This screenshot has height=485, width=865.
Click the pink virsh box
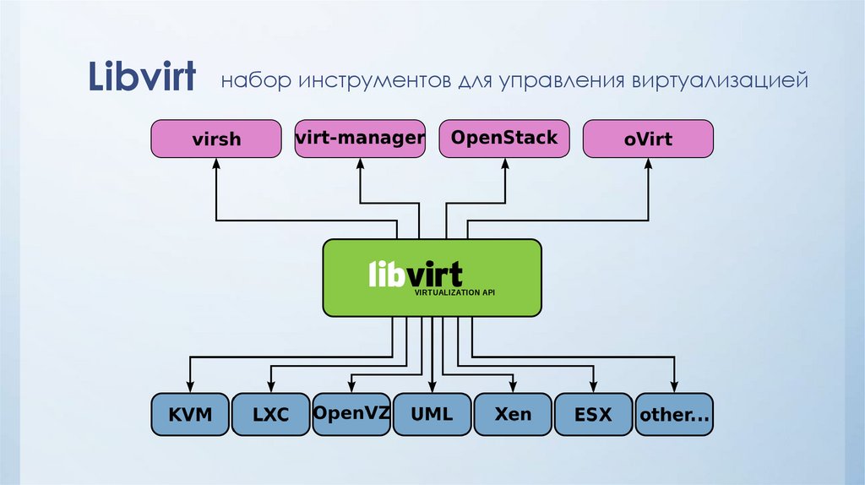(x=216, y=139)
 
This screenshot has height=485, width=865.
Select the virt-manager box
(x=360, y=139)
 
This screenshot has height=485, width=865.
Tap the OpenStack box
(x=504, y=139)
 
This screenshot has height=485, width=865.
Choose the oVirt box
(x=649, y=139)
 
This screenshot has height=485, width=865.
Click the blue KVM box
(x=189, y=414)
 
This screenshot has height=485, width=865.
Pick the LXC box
(x=270, y=414)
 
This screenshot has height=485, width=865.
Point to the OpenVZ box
(x=351, y=414)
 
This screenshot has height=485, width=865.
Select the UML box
(x=432, y=414)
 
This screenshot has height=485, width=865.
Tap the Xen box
(x=514, y=414)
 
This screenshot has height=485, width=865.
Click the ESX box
(x=594, y=414)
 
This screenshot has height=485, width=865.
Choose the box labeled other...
(x=675, y=414)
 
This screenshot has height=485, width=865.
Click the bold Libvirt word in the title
(x=143, y=77)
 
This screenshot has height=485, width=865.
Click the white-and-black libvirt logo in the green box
(x=416, y=274)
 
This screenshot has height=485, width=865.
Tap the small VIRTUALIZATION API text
(x=454, y=292)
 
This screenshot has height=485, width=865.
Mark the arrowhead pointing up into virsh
(x=216, y=164)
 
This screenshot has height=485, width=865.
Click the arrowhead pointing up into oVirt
(x=649, y=164)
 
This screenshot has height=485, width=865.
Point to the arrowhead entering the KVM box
(x=189, y=388)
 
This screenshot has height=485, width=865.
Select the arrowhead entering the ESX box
(x=594, y=388)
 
